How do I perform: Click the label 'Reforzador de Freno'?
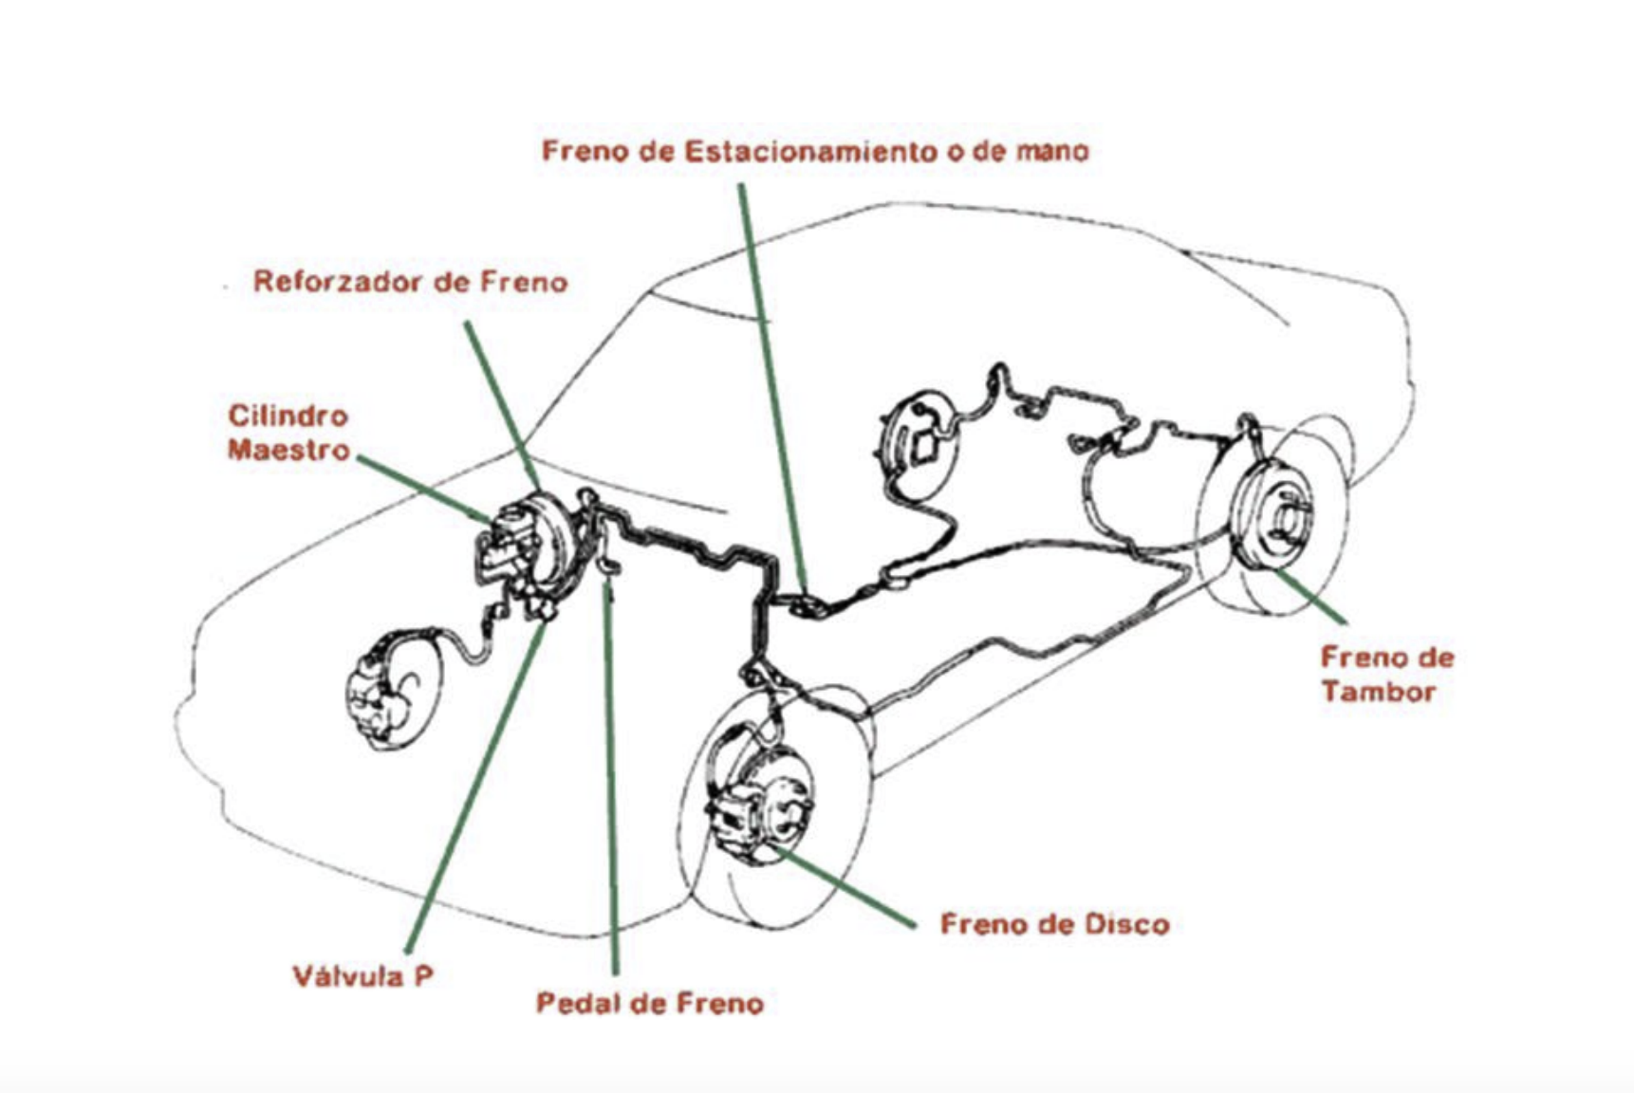(410, 282)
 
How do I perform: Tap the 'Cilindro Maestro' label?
(288, 433)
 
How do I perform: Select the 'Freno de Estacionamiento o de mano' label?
(815, 151)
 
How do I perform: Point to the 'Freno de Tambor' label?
(1387, 675)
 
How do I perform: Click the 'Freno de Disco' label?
(1054, 924)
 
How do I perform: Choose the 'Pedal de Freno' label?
(650, 1003)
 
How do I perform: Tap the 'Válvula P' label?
(362, 976)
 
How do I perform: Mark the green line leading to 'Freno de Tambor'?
(1310, 596)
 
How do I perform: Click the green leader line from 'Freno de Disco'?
(845, 886)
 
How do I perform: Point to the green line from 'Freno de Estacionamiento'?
(772, 388)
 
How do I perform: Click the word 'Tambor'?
(1378, 692)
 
